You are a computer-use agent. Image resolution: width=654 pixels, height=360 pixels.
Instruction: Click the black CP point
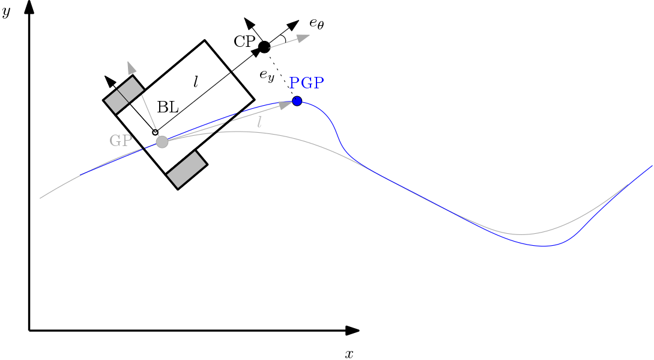point(264,47)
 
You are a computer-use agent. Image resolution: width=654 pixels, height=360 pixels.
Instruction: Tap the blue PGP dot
point(297,101)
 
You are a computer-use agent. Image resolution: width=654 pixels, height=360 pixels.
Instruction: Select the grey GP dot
point(162,142)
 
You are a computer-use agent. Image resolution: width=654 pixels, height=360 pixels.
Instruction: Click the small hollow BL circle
point(155,132)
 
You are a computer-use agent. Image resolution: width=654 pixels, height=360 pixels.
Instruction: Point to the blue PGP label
point(307,83)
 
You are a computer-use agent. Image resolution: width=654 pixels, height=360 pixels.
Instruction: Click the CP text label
point(245,41)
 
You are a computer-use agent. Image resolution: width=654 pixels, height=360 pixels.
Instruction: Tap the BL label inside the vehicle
point(168,108)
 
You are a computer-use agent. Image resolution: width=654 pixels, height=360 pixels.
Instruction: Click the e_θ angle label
point(316,23)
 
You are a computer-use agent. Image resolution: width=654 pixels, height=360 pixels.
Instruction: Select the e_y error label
point(267,75)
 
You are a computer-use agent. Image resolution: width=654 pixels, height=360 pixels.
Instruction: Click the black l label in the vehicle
point(195,82)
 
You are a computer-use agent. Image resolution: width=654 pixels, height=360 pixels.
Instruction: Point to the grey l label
point(259,122)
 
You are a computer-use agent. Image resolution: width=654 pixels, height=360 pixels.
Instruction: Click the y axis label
point(6,12)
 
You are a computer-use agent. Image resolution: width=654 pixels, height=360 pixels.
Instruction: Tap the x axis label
point(349,353)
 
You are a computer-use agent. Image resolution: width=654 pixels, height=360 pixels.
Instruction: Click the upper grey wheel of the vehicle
point(124,94)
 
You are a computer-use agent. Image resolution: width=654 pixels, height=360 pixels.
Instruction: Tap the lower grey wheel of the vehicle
point(187,169)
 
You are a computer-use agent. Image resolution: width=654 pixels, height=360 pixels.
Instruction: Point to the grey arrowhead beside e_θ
point(302,37)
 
